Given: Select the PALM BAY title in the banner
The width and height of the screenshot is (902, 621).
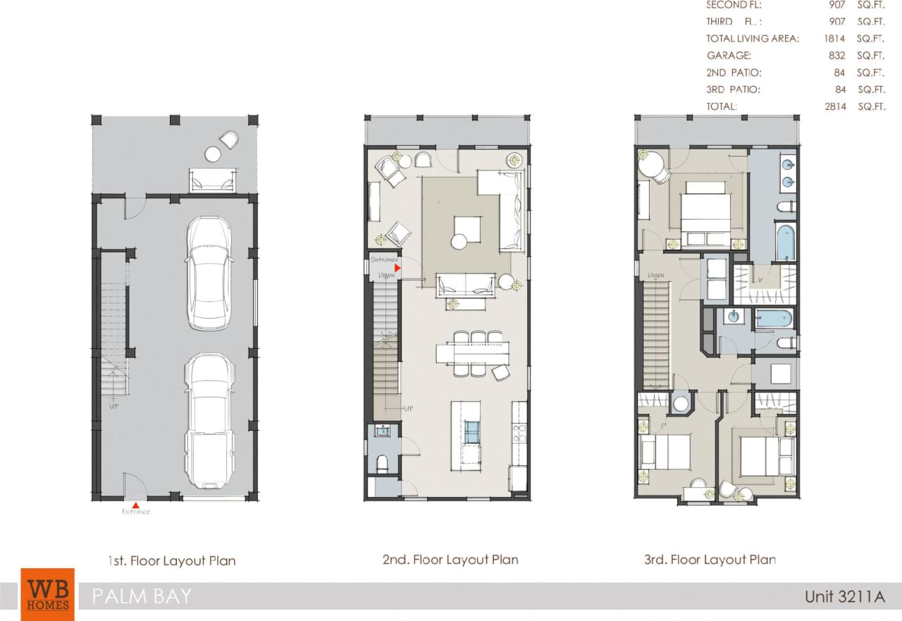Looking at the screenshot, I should click(142, 596).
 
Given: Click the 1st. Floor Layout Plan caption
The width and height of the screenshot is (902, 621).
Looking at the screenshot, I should click(171, 561).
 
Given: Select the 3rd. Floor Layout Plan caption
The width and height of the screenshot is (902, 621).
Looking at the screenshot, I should click(710, 560).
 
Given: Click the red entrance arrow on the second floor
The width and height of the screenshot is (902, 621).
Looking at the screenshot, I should click(397, 268).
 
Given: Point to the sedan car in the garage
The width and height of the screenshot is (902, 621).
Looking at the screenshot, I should click(209, 273).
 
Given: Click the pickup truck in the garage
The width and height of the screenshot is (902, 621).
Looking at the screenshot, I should click(209, 421).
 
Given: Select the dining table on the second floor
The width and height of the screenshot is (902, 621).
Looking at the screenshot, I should click(472, 353).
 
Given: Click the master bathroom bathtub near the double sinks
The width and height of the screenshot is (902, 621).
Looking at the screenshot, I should click(785, 242).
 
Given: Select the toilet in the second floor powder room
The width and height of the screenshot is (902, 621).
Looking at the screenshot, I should click(381, 464).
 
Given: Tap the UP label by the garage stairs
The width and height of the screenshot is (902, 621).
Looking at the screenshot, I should click(113, 407).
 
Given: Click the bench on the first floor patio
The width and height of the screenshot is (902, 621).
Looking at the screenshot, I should click(211, 182).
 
